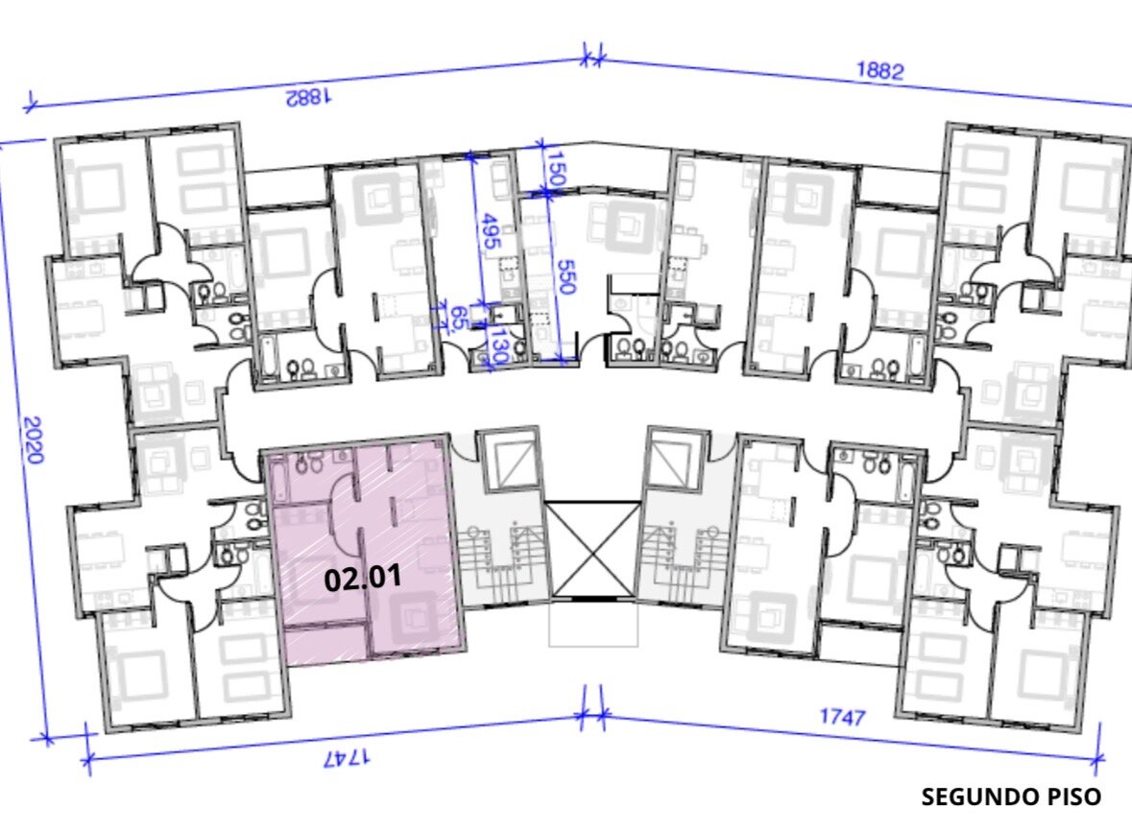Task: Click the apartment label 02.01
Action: click(x=362, y=578)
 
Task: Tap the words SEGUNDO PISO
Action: click(x=1011, y=797)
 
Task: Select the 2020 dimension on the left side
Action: click(x=34, y=439)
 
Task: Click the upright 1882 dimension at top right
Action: click(x=880, y=71)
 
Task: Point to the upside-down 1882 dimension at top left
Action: click(x=308, y=97)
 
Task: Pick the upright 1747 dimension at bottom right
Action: click(x=842, y=717)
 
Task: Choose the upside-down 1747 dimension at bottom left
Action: click(x=348, y=757)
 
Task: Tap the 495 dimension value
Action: click(x=491, y=231)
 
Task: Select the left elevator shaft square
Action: click(x=511, y=460)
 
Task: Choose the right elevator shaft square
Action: click(x=676, y=460)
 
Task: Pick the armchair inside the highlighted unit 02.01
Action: click(x=414, y=617)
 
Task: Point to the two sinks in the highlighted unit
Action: click(x=309, y=463)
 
